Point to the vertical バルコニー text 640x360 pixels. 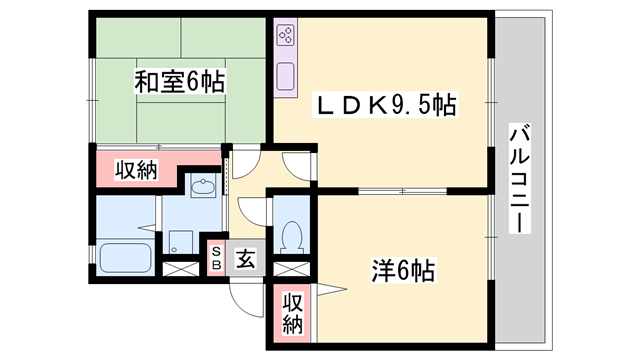518,180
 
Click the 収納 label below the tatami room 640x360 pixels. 134,170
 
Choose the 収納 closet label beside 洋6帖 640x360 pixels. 291,313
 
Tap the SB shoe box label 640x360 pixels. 215,258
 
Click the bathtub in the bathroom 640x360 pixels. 125,258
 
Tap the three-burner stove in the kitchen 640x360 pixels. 284,38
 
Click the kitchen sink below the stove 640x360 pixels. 284,75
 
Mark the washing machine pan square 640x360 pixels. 182,241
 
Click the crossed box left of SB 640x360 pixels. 181,268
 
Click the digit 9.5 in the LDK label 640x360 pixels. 414,104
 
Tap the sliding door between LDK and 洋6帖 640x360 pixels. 400,190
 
